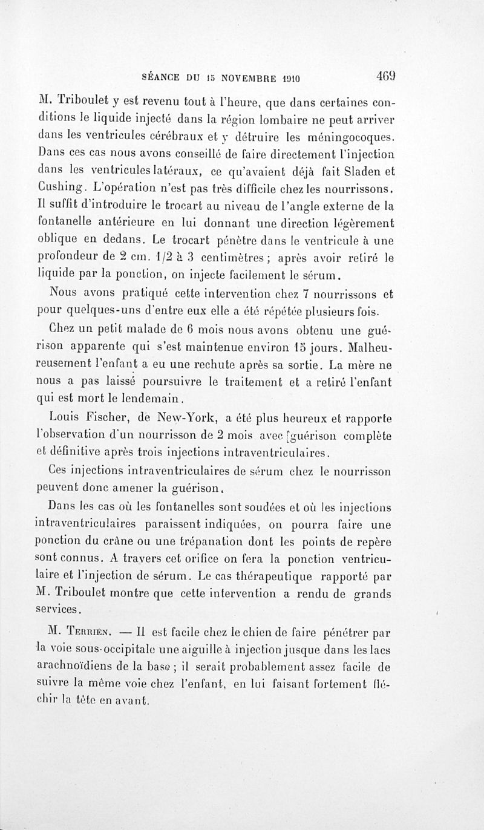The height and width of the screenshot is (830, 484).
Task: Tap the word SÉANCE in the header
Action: [160, 78]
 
